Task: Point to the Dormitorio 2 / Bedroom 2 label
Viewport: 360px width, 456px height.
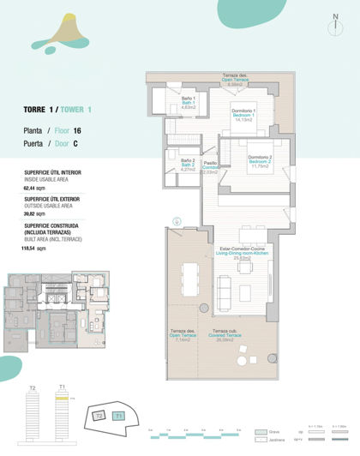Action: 261,161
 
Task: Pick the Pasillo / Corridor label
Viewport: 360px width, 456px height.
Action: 210,166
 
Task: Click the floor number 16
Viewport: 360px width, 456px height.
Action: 78,130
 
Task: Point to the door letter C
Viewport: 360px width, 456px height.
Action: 76,144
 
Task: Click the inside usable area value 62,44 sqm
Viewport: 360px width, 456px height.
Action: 34,186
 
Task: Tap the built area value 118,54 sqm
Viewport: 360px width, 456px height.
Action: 35,247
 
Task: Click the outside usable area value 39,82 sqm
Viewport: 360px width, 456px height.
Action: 34,212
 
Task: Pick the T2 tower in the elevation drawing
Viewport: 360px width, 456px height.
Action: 33,420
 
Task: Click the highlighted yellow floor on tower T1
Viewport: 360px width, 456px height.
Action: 63,399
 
